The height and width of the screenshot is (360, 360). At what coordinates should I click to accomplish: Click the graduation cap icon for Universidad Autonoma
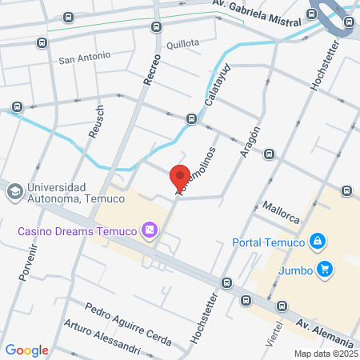(14, 193)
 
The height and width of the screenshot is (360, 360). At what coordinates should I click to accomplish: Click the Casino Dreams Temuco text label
(78, 232)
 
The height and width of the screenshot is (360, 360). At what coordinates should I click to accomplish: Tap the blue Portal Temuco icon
(318, 241)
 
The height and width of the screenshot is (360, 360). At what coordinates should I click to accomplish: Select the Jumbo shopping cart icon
(323, 269)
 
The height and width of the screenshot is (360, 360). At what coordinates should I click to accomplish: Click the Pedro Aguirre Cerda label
(128, 324)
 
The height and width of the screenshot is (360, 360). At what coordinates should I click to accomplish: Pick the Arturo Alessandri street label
(103, 338)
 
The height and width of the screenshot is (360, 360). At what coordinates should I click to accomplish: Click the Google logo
(26, 350)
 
